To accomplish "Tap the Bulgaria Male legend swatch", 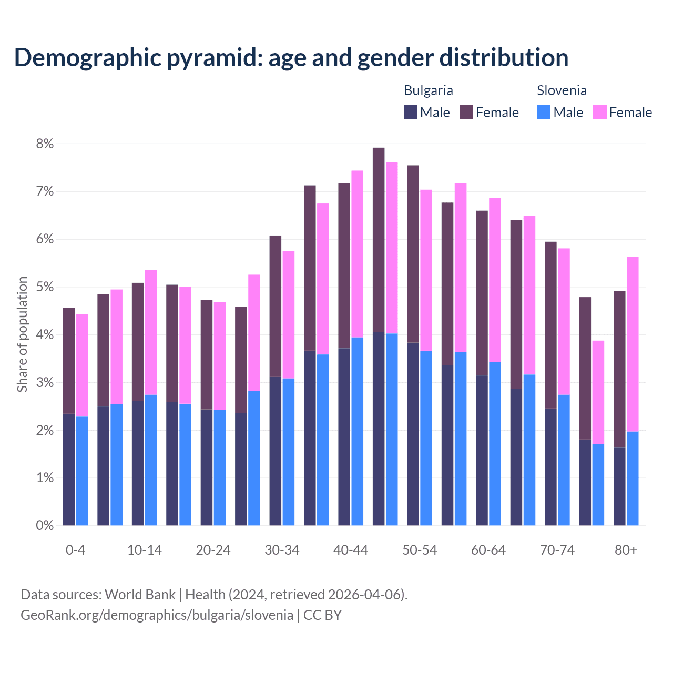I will [x=411, y=112].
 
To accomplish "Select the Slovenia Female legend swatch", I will [x=599, y=112].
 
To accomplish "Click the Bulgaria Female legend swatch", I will [x=466, y=112].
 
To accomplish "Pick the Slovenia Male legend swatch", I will [x=544, y=112].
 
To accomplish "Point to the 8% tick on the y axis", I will [x=45, y=144].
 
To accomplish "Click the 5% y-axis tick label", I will [x=45, y=287].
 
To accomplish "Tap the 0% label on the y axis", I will [x=45, y=525].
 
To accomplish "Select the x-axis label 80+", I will [x=626, y=550].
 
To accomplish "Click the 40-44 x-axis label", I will [x=351, y=550].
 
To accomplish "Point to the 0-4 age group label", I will [x=75, y=550].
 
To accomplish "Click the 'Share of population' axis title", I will [x=23, y=334].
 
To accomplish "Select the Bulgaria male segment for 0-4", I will [x=69, y=470].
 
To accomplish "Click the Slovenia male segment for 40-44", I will [x=358, y=431].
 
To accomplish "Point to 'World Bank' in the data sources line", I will [x=140, y=595].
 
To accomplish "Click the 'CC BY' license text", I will [x=322, y=615].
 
